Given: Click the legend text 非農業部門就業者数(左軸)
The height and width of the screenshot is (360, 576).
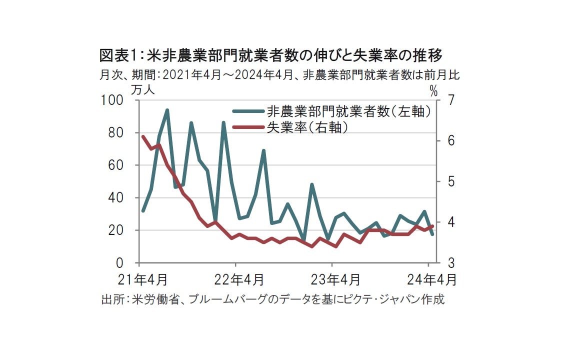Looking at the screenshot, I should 349,112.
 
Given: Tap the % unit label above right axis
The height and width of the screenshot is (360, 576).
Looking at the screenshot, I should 433,91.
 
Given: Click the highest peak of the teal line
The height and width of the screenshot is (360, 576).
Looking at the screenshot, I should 167,110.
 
